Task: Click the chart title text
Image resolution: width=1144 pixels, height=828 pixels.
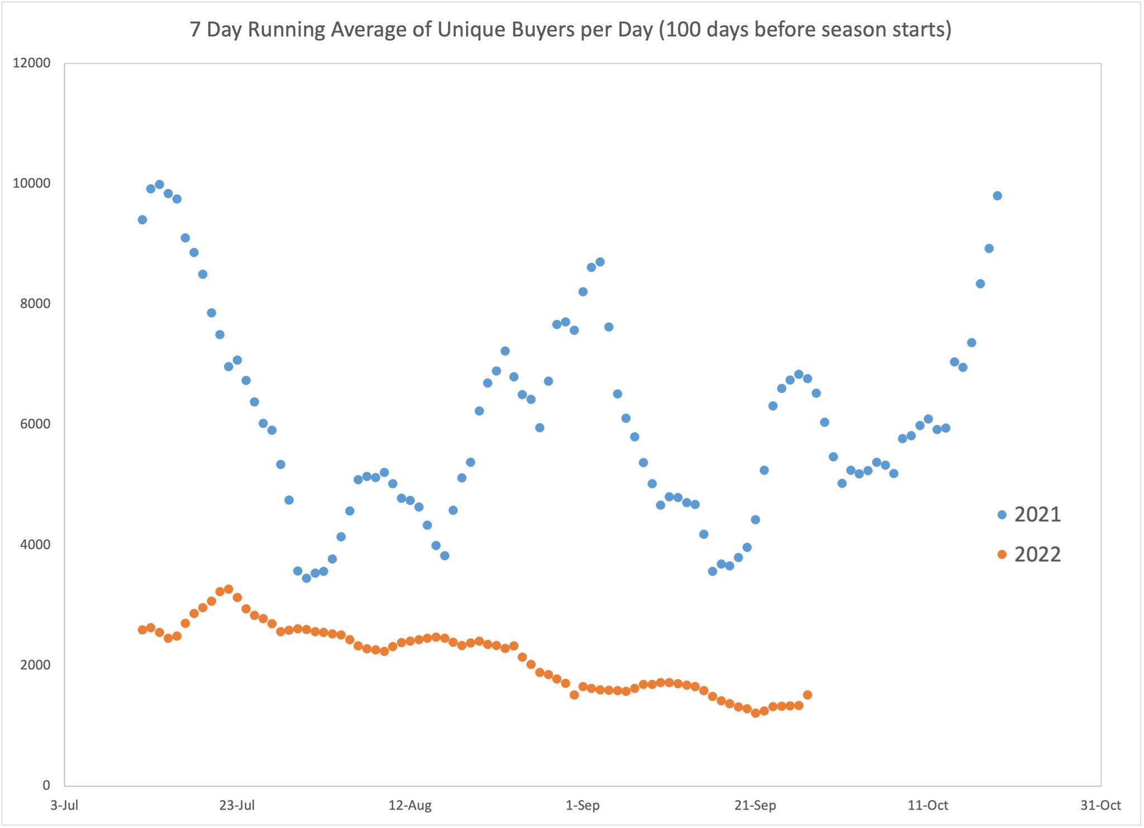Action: click(570, 30)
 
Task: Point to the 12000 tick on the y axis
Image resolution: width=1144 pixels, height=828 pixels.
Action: click(31, 63)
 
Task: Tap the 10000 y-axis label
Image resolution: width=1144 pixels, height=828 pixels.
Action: click(31, 183)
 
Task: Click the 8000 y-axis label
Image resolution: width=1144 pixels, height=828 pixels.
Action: click(35, 304)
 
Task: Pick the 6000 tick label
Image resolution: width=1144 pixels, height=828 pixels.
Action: click(35, 424)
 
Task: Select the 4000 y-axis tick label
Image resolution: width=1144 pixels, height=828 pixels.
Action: click(35, 544)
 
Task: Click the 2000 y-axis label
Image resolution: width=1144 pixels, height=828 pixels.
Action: click(35, 665)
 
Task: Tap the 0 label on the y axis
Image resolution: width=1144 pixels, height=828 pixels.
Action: click(46, 785)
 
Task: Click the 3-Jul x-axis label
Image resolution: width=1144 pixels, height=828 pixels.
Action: click(64, 805)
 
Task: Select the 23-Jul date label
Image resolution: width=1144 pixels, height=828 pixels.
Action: click(237, 805)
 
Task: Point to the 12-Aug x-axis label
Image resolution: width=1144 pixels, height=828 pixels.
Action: click(410, 805)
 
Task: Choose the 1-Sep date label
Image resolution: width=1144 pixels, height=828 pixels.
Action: click(583, 805)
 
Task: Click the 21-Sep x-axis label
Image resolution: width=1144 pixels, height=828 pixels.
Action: click(755, 805)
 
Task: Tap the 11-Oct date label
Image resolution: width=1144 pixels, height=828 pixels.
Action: click(928, 805)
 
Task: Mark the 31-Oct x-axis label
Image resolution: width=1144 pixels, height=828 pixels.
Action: click(1100, 805)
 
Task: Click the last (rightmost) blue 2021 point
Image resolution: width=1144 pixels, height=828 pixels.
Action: click(997, 195)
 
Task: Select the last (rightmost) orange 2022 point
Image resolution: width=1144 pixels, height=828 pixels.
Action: click(807, 695)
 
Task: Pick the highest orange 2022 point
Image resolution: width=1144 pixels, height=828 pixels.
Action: click(228, 589)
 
